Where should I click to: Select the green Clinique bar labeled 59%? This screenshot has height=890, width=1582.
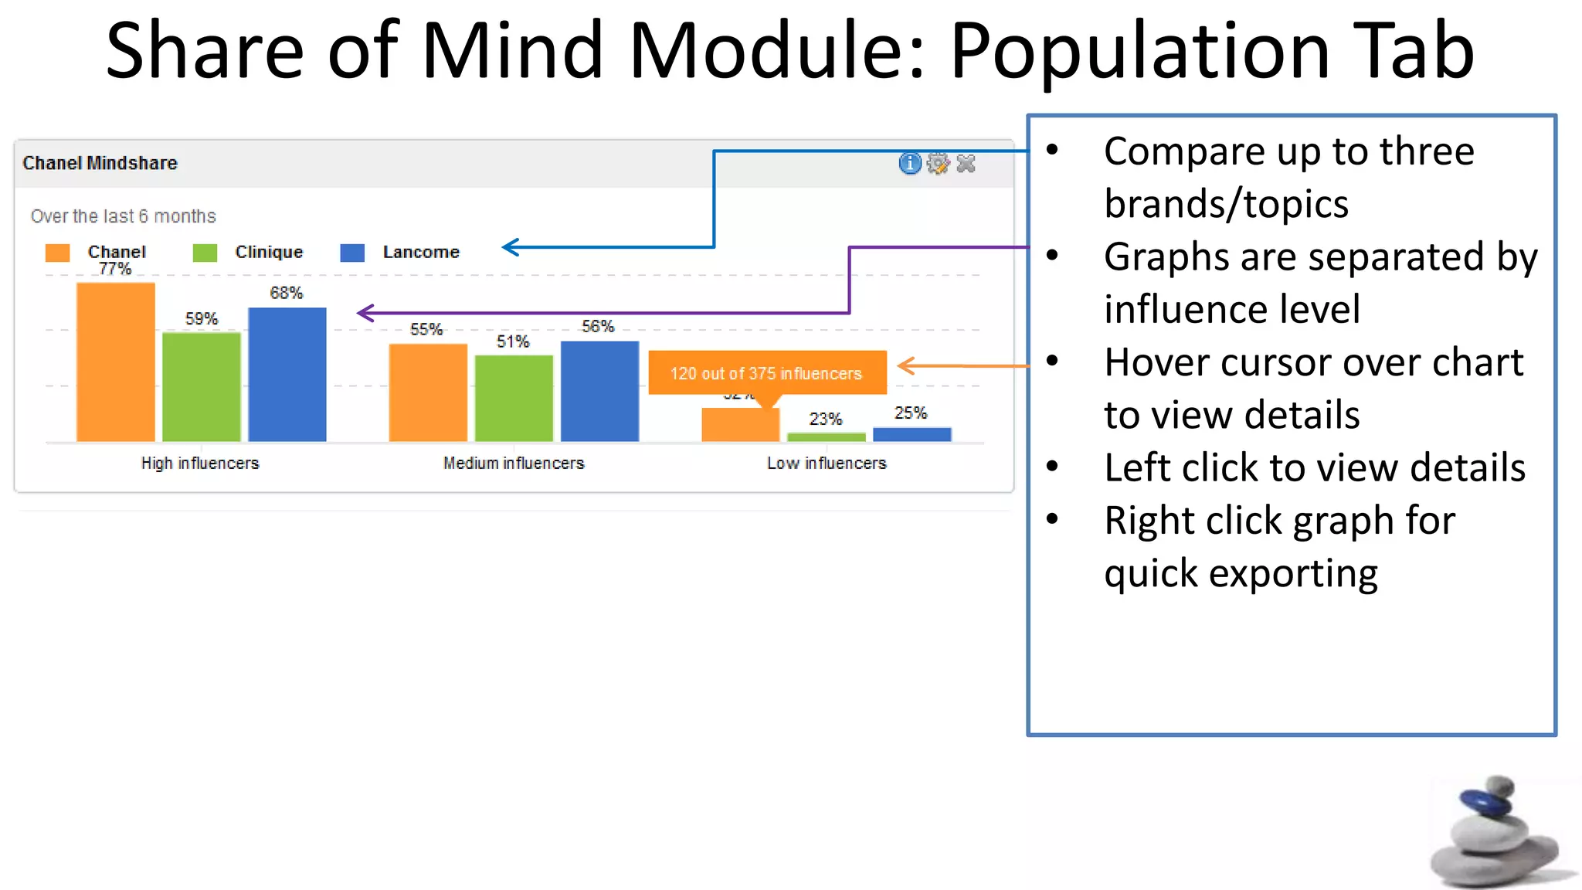click(x=202, y=386)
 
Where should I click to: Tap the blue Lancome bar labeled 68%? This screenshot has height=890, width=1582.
click(x=287, y=375)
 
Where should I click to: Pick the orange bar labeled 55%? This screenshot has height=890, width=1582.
click(x=428, y=392)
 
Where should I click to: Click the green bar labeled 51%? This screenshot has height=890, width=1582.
click(x=514, y=398)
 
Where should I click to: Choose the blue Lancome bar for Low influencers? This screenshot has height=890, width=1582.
click(x=912, y=435)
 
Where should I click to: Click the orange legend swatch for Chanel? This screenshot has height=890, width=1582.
click(x=58, y=253)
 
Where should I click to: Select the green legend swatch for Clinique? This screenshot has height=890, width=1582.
click(x=205, y=253)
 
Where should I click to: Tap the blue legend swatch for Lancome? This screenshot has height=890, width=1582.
click(x=352, y=253)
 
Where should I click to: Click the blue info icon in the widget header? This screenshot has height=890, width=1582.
click(x=910, y=164)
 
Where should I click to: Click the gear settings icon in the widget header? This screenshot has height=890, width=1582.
click(x=938, y=164)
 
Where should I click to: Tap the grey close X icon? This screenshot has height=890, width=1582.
click(x=966, y=164)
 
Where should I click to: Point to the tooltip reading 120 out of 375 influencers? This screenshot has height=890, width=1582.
click(x=766, y=373)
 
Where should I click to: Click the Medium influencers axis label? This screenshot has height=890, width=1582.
click(x=514, y=463)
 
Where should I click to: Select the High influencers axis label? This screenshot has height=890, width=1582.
click(x=200, y=463)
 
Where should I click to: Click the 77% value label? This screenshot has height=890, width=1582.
click(x=115, y=269)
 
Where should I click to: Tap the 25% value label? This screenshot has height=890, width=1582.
click(x=911, y=413)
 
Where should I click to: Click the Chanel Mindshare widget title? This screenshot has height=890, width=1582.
click(x=100, y=163)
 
